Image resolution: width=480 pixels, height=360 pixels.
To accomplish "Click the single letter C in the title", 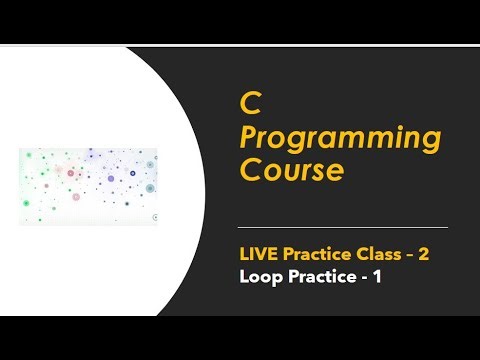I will coord(248,103).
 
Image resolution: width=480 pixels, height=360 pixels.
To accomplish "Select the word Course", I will coord(291,170).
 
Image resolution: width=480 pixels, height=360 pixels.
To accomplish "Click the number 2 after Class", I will coord(424,254).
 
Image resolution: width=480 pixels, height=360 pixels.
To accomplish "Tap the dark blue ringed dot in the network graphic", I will coord(150,187).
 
